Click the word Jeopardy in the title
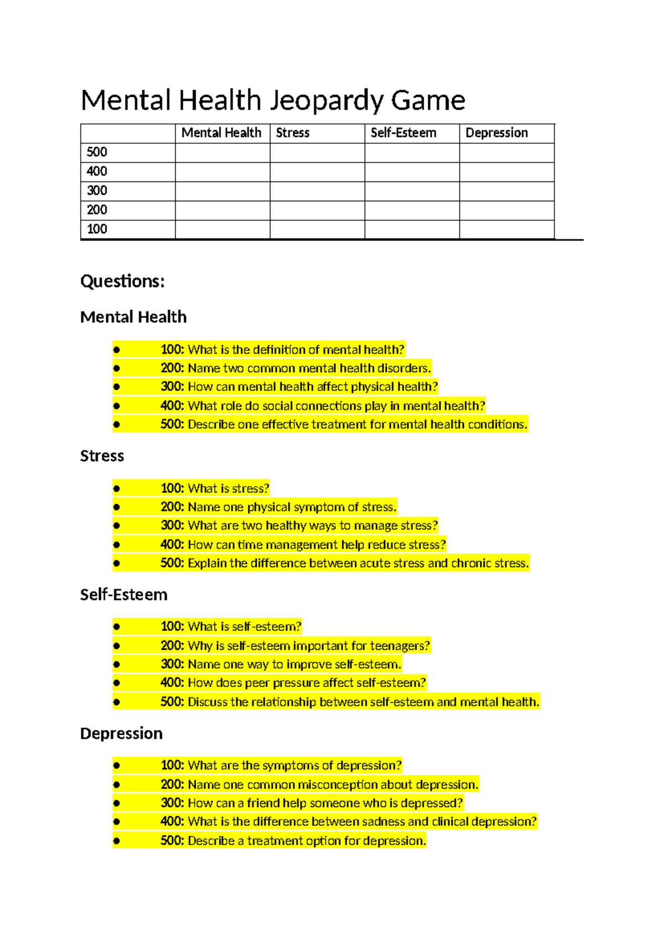point(326,101)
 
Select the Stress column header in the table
point(293,133)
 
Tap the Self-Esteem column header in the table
point(403,133)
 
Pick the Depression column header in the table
point(496,133)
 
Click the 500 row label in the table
point(97,152)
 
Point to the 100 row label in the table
point(97,229)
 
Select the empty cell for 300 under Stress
point(317,191)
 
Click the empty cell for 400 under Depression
point(506,171)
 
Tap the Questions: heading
point(122,281)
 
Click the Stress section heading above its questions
point(102,456)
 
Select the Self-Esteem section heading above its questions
point(123,595)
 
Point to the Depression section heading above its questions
point(121,733)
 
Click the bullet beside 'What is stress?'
point(116,488)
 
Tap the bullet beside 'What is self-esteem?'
point(116,627)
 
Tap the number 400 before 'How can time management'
point(172,544)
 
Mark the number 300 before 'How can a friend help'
point(172,802)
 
